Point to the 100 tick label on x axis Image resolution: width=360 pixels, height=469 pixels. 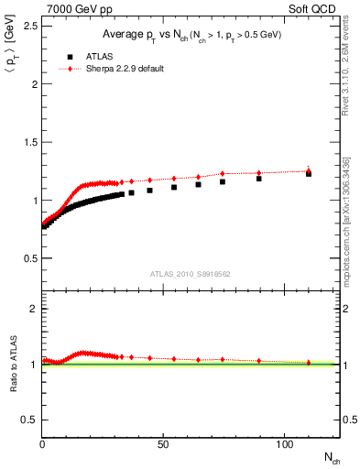283,444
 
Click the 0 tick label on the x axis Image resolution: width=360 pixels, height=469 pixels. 43,444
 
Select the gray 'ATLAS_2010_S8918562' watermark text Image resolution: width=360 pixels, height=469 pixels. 191,274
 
